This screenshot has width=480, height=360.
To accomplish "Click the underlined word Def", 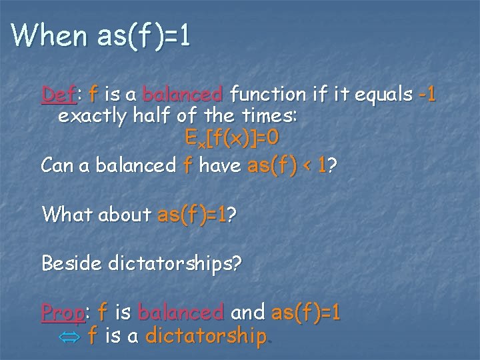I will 59,95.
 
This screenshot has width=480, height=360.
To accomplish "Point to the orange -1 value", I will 427,95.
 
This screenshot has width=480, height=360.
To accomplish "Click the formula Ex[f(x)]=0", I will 232,140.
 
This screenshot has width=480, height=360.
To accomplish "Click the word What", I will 65,214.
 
